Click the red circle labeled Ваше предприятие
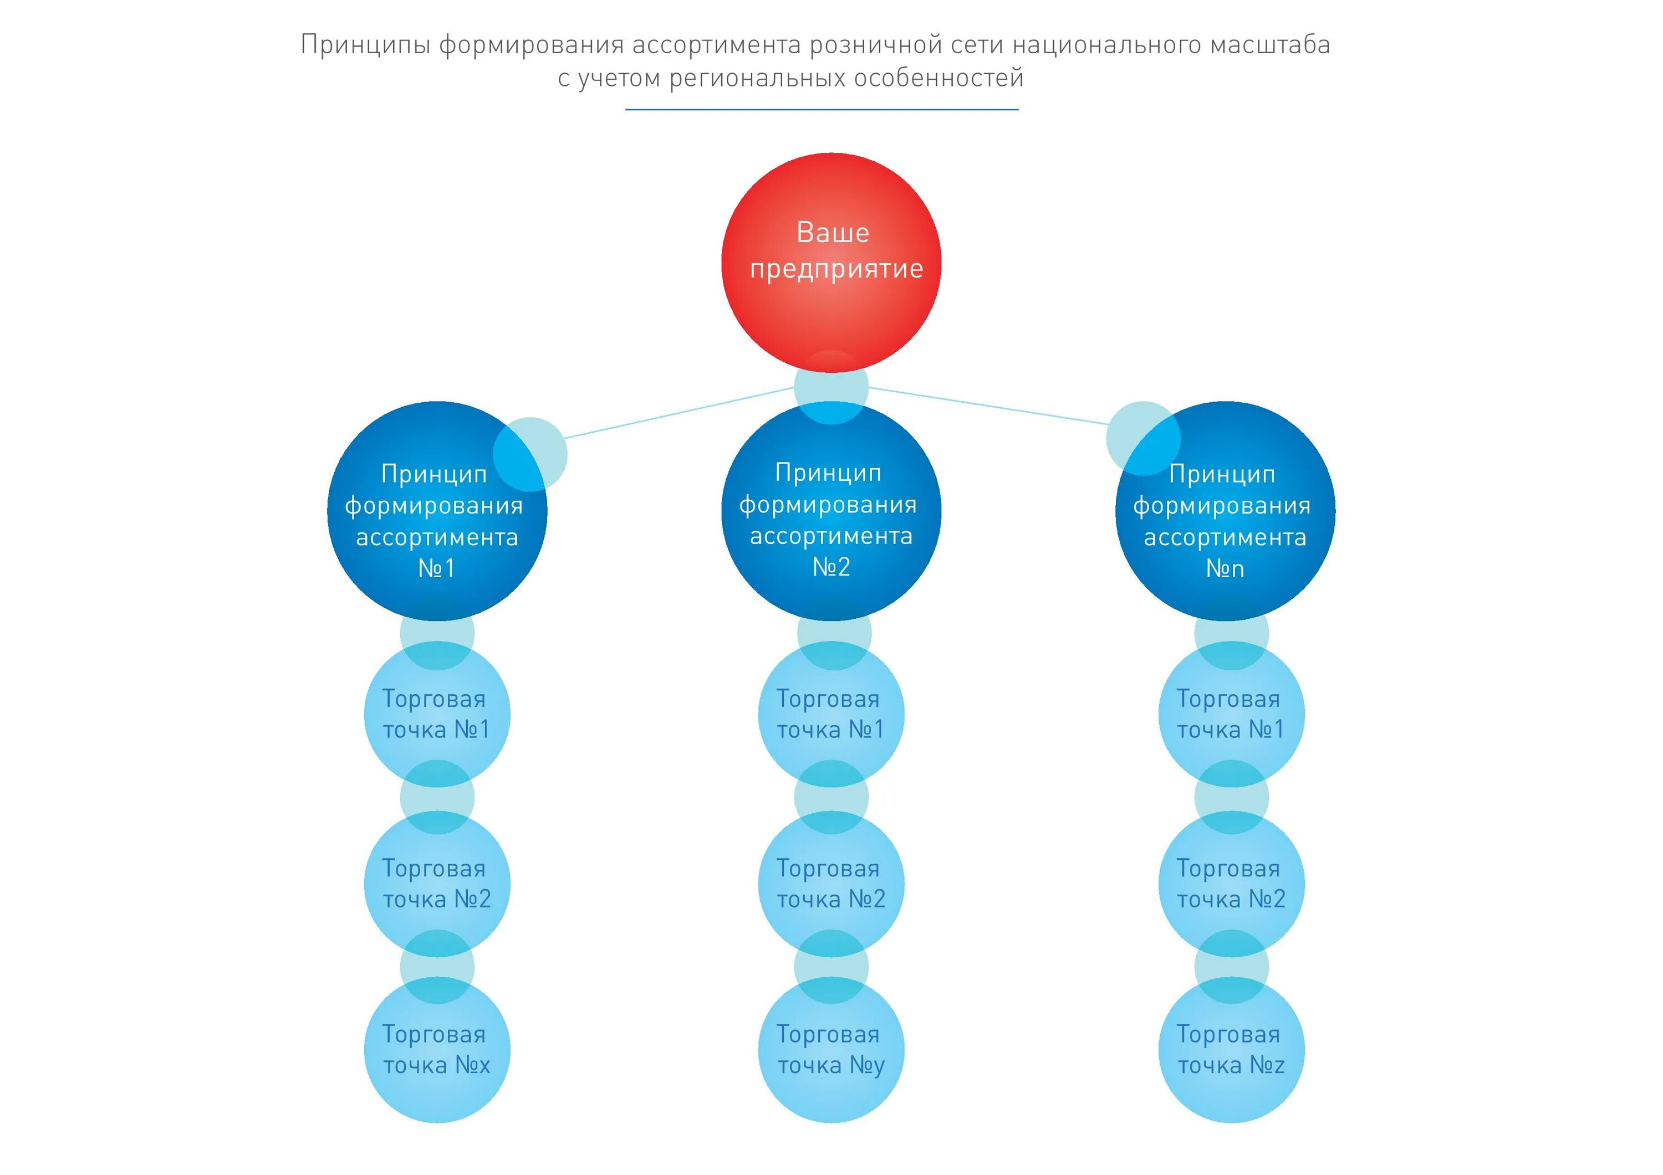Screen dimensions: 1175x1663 coord(831,262)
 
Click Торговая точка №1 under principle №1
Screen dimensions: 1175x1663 coord(437,714)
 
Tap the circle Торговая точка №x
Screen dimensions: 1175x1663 coord(437,1050)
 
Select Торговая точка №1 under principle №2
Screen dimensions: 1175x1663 coord(831,714)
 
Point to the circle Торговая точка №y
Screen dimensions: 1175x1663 coord(831,1050)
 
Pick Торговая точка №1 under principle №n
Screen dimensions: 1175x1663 coord(1231,714)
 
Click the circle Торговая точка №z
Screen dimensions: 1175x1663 coord(1231,1050)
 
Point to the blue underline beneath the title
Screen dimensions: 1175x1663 coord(822,109)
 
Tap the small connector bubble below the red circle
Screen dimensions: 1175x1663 coord(831,387)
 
